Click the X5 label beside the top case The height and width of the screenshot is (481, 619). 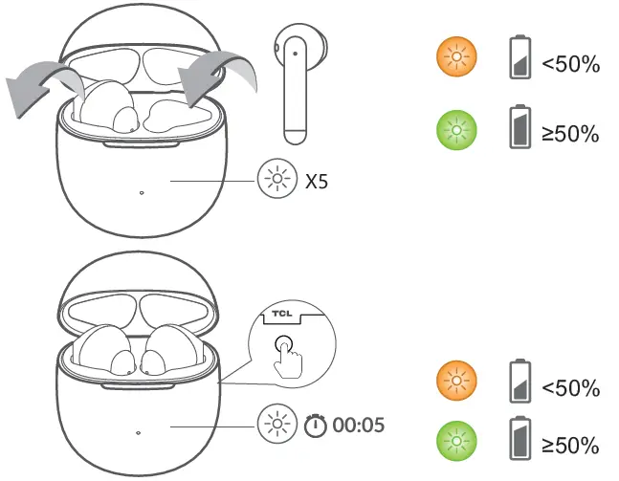tap(316, 180)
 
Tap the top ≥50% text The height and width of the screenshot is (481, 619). tap(570, 133)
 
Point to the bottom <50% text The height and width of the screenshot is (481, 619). tap(570, 388)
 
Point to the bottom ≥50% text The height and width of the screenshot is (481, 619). tap(570, 445)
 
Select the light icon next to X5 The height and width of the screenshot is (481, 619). tap(276, 180)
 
